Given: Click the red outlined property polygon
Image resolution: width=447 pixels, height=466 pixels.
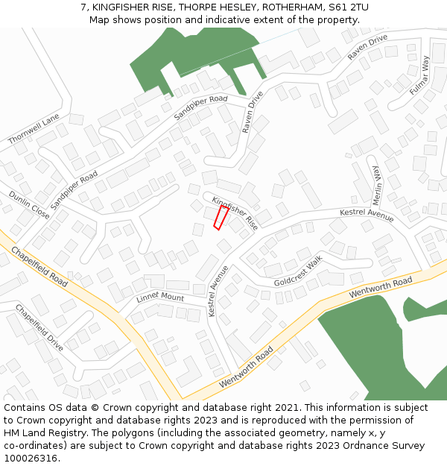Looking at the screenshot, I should point(221,217).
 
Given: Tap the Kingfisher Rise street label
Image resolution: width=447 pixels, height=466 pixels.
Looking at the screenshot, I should point(235,213).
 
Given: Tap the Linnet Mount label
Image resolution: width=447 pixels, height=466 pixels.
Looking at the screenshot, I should point(160,298).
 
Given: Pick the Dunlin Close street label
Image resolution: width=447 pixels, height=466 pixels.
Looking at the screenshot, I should point(29,205).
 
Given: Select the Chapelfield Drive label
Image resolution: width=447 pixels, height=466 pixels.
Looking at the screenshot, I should point(39,327).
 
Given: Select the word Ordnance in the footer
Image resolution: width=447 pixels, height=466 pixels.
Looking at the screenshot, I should point(365,446).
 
